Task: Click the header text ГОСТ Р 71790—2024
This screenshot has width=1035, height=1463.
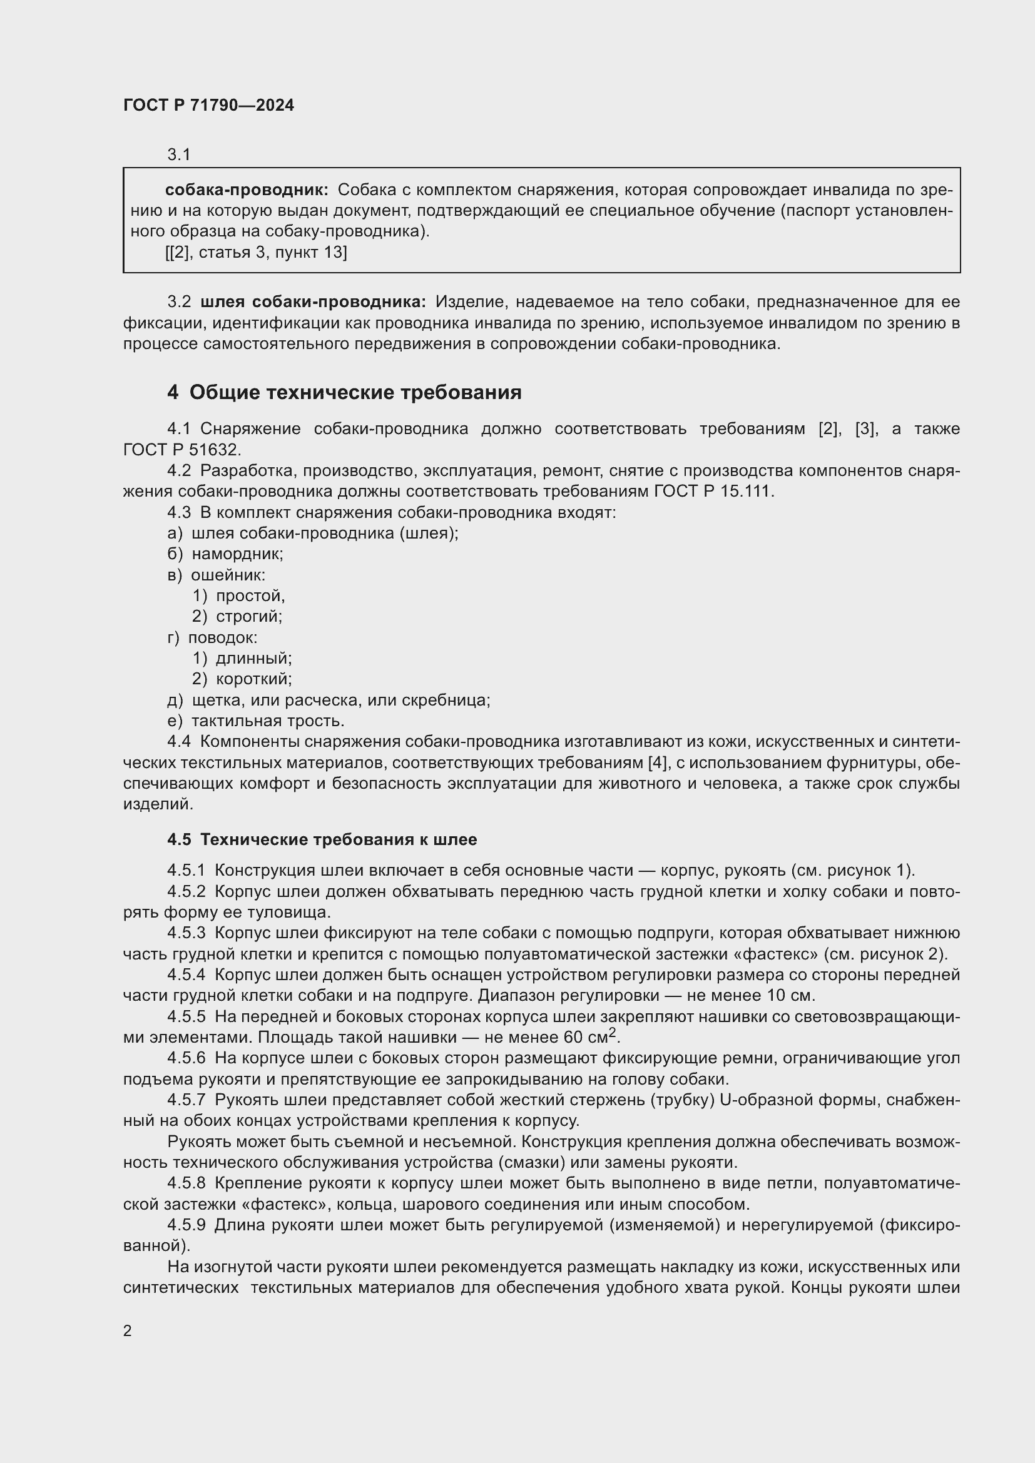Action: click(208, 106)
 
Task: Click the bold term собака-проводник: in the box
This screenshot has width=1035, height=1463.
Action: click(247, 190)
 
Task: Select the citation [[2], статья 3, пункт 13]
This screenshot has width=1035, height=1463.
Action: click(255, 253)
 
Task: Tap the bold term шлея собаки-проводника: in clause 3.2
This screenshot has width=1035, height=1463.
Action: click(313, 302)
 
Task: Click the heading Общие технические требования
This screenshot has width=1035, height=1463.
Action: click(355, 393)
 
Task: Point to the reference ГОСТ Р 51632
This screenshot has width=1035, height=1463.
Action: click(181, 450)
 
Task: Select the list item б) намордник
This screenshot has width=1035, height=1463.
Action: click(225, 554)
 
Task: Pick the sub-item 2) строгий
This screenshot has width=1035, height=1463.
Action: click(237, 616)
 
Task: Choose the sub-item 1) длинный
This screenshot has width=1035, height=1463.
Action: click(242, 658)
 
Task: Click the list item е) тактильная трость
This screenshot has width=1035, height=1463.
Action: click(255, 721)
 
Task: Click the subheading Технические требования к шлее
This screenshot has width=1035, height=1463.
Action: click(338, 840)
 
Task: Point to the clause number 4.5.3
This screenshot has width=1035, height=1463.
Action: click(186, 933)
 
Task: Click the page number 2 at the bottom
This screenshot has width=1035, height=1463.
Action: click(128, 1330)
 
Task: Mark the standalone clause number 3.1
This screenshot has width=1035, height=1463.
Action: click(179, 155)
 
